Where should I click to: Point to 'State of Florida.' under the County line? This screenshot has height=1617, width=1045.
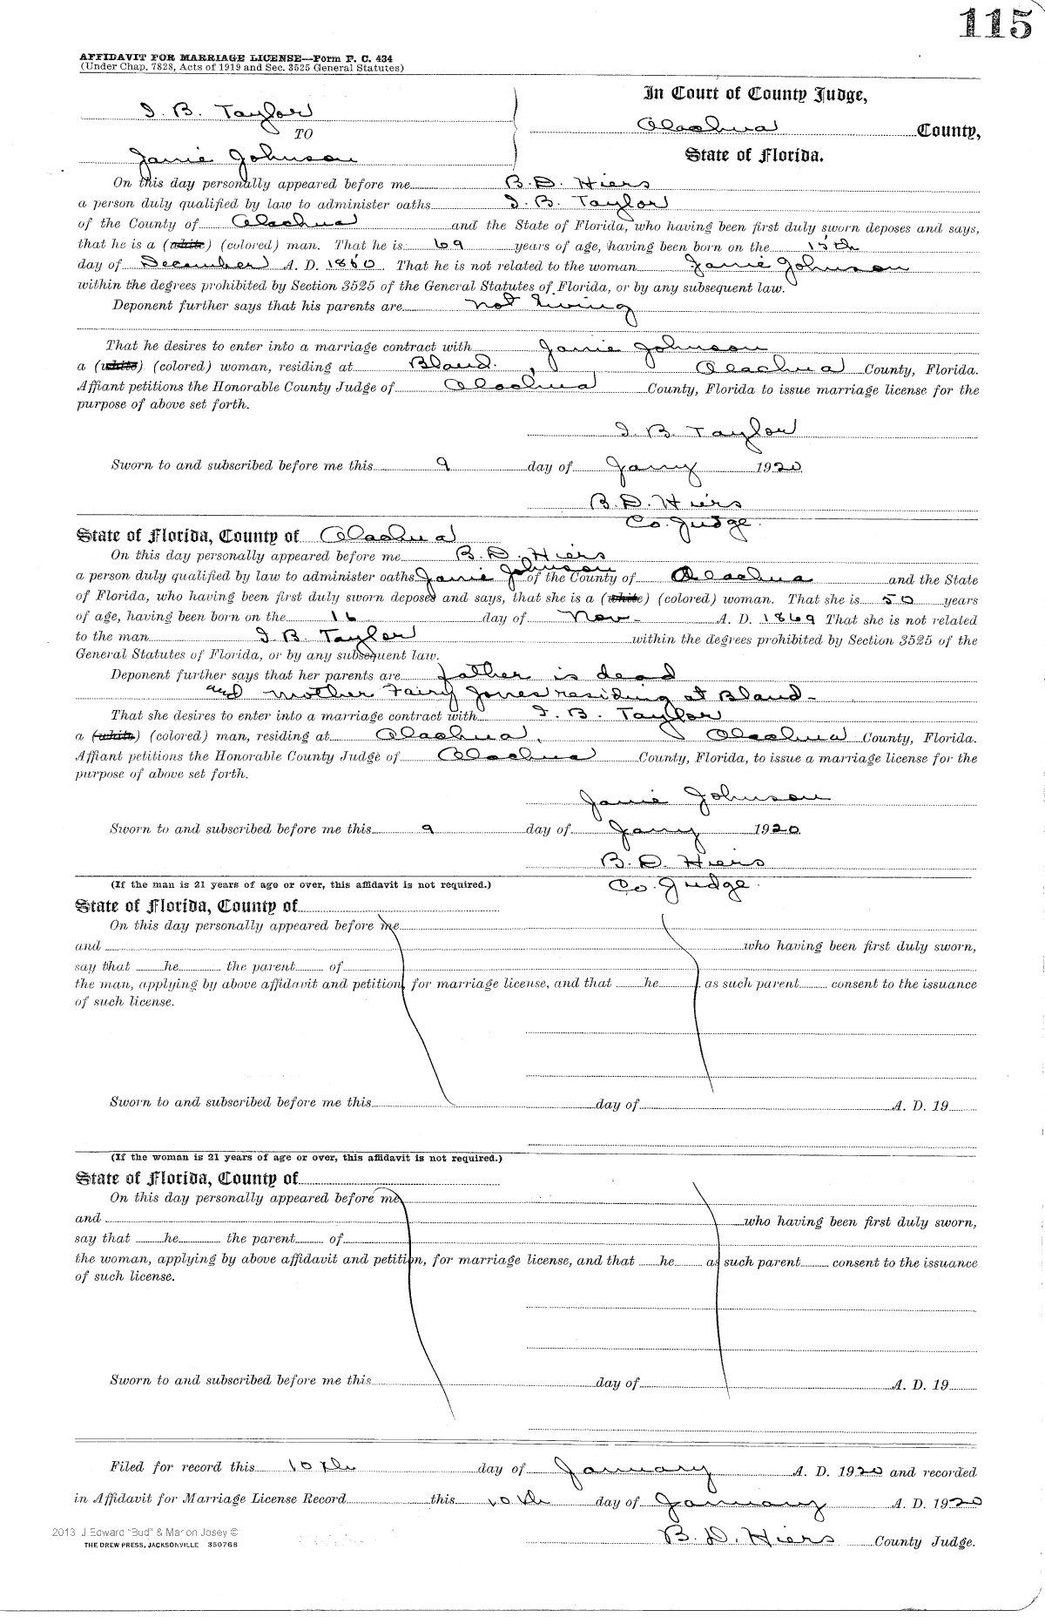pyautogui.click(x=754, y=157)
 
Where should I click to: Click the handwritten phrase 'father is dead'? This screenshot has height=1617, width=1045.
pyautogui.click(x=558, y=674)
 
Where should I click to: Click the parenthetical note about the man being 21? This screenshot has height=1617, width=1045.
pyautogui.click(x=300, y=884)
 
